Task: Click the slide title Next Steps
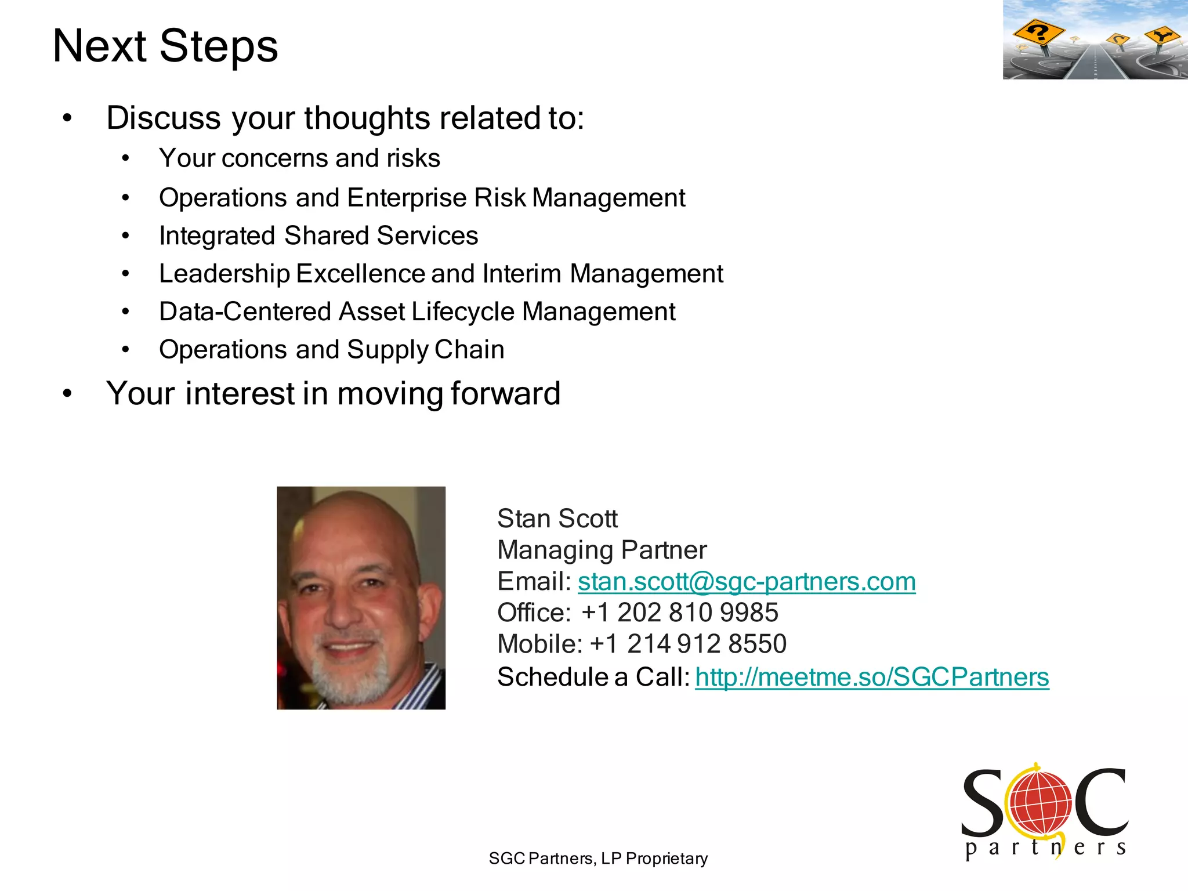pos(165,46)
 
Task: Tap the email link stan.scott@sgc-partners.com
pos(747,582)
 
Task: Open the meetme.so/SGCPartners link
pos(872,677)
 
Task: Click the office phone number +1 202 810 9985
pos(680,613)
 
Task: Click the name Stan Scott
pos(557,519)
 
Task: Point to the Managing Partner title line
pos(602,550)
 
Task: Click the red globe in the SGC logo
pos(1040,803)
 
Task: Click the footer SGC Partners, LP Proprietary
pos(598,859)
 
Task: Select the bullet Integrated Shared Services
pos(318,236)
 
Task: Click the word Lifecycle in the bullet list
pos(463,312)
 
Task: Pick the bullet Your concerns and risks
pos(299,158)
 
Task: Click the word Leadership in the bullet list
pos(224,274)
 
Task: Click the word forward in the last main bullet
pos(505,394)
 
